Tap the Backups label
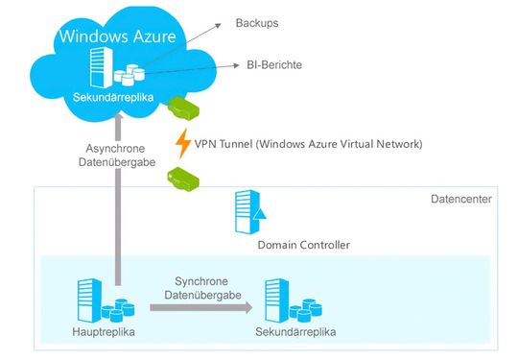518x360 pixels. pos(257,21)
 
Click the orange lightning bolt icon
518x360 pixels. pos(182,143)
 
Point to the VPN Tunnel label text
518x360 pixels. pos(308,144)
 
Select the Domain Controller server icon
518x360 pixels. pos(245,212)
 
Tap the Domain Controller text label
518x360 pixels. pos(303,246)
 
